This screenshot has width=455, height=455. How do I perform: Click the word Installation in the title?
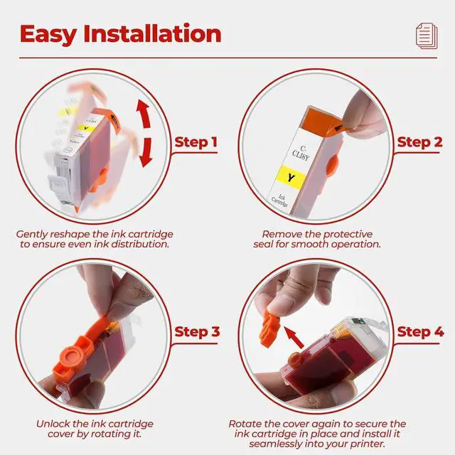tap(152, 34)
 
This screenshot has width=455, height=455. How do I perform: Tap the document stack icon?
tap(427, 36)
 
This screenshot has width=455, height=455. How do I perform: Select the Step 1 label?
tap(196, 142)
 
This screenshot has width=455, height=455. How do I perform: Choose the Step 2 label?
tap(419, 142)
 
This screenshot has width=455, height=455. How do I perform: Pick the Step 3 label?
tap(198, 332)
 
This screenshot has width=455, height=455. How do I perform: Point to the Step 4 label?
tap(420, 332)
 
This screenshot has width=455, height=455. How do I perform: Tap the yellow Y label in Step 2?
tap(291, 177)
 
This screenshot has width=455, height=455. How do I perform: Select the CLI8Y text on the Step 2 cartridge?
tap(301, 154)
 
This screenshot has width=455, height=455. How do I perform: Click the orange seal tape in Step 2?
tap(323, 122)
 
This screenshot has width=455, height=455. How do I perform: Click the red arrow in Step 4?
tap(294, 337)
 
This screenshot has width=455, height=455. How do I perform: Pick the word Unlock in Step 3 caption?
tap(53, 424)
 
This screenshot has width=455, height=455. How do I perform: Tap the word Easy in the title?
tap(48, 35)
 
